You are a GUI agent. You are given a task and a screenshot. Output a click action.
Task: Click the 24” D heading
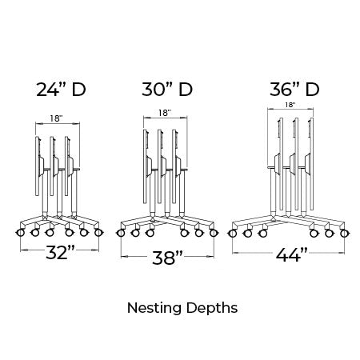click(61, 90)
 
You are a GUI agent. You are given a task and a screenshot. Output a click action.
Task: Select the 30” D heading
click(167, 90)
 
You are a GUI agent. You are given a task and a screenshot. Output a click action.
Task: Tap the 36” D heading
click(294, 90)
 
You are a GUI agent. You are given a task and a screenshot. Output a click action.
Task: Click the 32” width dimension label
click(60, 252)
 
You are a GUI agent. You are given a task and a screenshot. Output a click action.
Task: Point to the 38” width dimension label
click(167, 258)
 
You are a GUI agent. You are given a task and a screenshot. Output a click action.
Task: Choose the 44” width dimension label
click(292, 254)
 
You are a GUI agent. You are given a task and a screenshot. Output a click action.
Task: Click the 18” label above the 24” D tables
click(56, 118)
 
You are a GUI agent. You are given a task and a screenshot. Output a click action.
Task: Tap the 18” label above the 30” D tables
click(165, 113)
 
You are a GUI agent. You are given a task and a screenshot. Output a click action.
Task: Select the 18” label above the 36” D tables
click(290, 105)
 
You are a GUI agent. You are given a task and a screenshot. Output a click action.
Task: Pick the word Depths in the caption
click(212, 308)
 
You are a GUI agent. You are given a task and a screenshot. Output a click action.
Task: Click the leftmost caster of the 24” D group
click(20, 233)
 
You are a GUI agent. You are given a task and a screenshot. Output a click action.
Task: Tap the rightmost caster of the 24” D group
click(98, 233)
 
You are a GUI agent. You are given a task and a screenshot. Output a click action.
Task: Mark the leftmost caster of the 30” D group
click(121, 233)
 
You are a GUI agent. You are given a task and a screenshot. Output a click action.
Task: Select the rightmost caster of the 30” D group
click(214, 233)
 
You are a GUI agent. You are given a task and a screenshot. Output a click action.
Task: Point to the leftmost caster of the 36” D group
click(233, 234)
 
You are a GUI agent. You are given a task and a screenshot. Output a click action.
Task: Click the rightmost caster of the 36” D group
click(344, 234)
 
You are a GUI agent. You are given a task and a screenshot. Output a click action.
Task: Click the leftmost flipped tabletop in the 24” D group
click(37, 166)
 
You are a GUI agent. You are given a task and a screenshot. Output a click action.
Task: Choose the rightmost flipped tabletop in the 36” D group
click(312, 163)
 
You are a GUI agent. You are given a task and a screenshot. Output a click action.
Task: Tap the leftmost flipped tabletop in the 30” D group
click(145, 166)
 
